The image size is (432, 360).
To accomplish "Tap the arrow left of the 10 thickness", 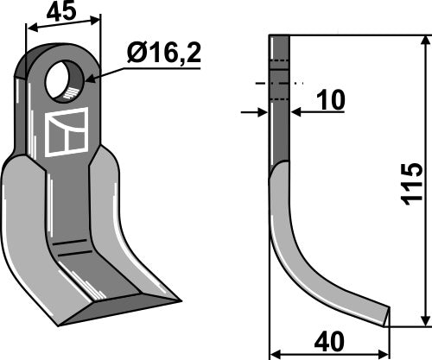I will click(x=263, y=111).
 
